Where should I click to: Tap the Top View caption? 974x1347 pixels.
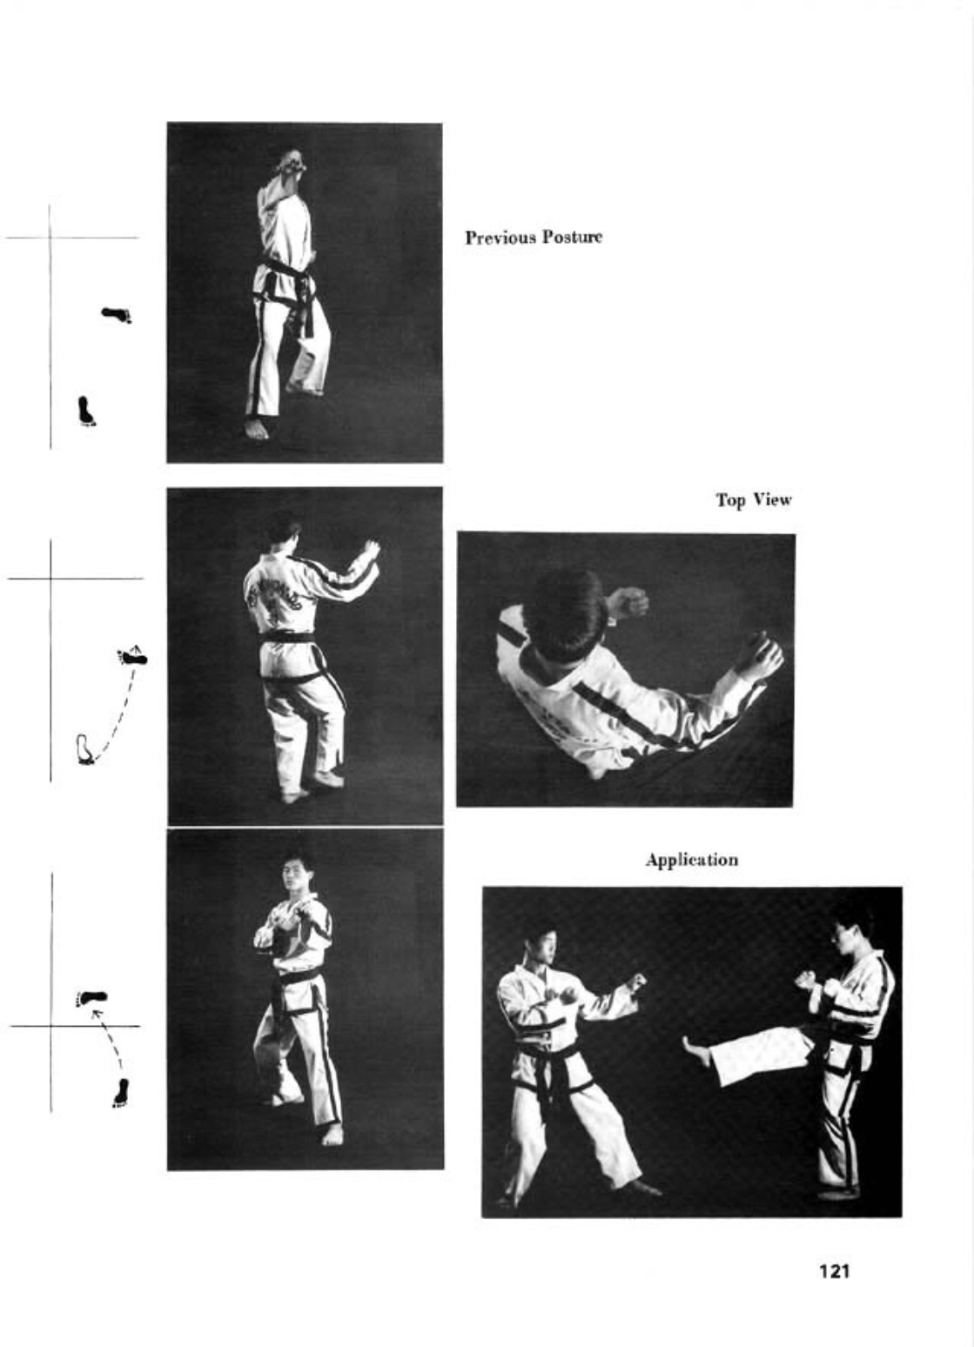[753, 499]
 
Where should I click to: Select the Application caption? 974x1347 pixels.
[692, 860]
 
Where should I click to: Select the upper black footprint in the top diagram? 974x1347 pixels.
[117, 314]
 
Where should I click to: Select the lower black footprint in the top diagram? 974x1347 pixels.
[87, 412]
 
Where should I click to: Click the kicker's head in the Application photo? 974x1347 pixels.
[850, 937]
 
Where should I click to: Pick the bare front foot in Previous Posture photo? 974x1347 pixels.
[257, 429]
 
